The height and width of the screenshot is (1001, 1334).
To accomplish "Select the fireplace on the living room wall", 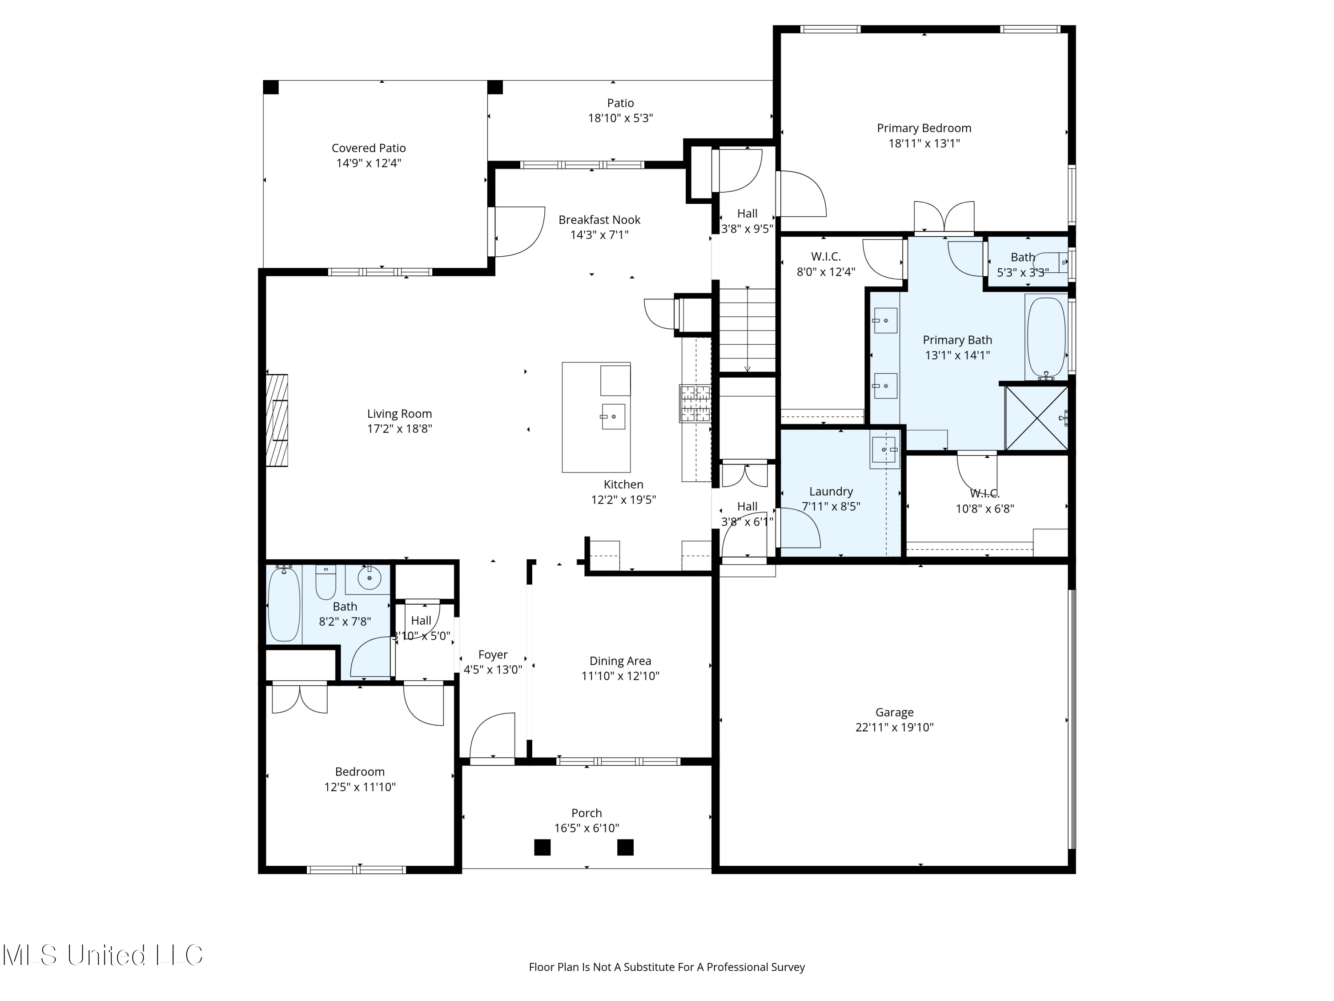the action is (277, 420).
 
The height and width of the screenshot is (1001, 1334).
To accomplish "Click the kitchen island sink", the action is (613, 416).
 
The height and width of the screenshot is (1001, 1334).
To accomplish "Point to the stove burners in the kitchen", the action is (695, 403).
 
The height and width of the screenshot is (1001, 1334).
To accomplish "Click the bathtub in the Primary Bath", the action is (1046, 338).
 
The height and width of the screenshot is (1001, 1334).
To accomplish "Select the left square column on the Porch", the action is (542, 847).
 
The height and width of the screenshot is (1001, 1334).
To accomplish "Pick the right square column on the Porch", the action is (625, 847).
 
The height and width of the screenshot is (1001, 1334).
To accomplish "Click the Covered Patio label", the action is (369, 148).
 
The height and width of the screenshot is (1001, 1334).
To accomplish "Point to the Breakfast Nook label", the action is (599, 220).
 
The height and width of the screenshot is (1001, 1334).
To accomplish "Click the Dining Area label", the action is (620, 661).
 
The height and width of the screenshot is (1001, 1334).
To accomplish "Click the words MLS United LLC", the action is (103, 955).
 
